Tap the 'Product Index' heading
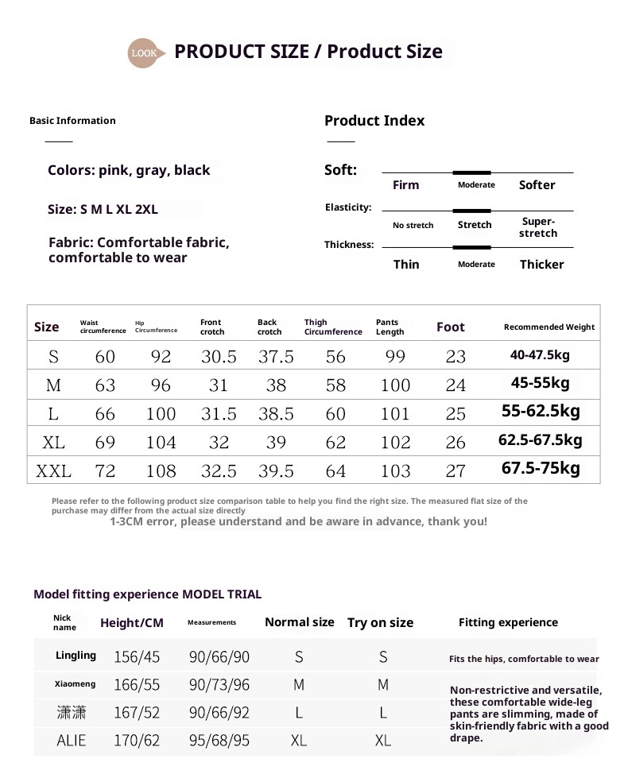[x=374, y=121]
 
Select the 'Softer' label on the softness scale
[x=537, y=185]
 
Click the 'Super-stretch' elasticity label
[x=538, y=227]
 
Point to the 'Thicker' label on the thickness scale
[x=541, y=265]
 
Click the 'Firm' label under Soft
[x=405, y=185]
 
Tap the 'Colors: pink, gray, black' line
[x=129, y=170]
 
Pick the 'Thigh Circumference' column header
[x=332, y=327]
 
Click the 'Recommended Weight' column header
[x=549, y=327]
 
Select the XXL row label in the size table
[x=53, y=471]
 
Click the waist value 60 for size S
[x=105, y=357]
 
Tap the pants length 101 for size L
[x=395, y=414]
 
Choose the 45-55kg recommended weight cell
[x=541, y=383]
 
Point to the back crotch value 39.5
[x=276, y=471]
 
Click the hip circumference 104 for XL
[x=161, y=443]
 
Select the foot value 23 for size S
[x=455, y=357]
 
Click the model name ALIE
[x=72, y=741]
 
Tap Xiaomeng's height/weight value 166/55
[x=137, y=684]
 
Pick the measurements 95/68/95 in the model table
[x=219, y=741]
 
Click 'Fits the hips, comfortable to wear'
[x=524, y=659]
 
